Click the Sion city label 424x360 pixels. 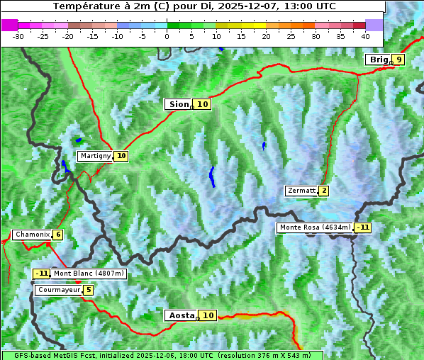[178, 104]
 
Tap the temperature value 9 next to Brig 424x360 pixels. [399, 60]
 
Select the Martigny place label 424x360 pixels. [95, 156]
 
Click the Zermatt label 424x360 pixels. [301, 191]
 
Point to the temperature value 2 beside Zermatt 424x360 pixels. [324, 191]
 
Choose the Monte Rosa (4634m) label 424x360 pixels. [315, 227]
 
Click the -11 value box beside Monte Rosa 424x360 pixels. [363, 227]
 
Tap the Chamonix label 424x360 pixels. [32, 235]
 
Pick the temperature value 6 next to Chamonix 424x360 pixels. [57, 235]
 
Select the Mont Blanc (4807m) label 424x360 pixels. [89, 274]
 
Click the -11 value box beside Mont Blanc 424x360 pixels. [42, 274]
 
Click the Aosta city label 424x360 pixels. [180, 315]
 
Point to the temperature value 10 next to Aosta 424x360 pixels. [208, 315]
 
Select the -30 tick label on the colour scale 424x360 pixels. [18, 35]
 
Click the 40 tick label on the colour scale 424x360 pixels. [365, 35]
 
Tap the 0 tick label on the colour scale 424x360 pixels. [167, 35]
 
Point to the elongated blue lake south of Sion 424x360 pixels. [212, 176]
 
